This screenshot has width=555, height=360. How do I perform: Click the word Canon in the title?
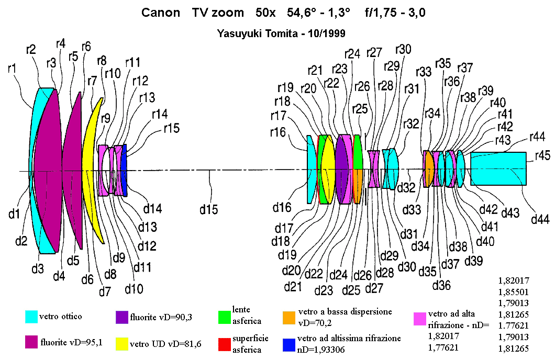pyautogui.click(x=160, y=13)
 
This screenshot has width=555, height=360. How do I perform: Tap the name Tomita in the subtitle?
pyautogui.click(x=279, y=33)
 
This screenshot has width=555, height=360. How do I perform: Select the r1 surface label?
pyautogui.click(x=12, y=68)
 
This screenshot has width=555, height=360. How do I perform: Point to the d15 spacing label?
pyautogui.click(x=209, y=210)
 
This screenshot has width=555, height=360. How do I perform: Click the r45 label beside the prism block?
pyautogui.click(x=542, y=155)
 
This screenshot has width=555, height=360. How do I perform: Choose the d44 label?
pyautogui.click(x=540, y=220)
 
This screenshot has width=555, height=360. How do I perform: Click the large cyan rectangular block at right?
pyautogui.click(x=498, y=168)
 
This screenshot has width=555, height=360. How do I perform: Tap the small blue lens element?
pyautogui.click(x=124, y=171)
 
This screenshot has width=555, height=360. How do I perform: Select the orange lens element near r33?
pyautogui.click(x=429, y=168)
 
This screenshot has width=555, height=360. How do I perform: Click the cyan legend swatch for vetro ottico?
pyautogui.click(x=31, y=317)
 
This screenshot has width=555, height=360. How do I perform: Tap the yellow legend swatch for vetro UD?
pyautogui.click(x=122, y=344)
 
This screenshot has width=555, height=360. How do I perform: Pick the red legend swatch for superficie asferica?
pyautogui.click(x=225, y=344)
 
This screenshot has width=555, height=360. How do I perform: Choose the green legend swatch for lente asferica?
pyautogui.click(x=225, y=317)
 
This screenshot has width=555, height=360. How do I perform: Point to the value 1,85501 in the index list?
pyautogui.click(x=514, y=292)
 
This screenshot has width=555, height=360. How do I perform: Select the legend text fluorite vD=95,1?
pyautogui.click(x=72, y=342)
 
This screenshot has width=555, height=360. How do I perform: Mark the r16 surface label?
pyautogui.click(x=278, y=132)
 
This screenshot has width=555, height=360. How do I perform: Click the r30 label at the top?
pyautogui.click(x=404, y=49)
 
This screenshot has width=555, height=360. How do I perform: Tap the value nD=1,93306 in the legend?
pyautogui.click(x=320, y=350)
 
